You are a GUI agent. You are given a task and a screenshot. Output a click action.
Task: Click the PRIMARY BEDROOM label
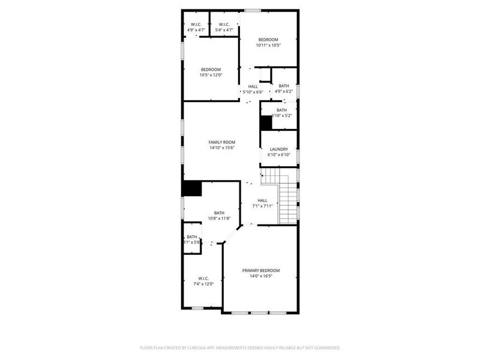(x=261, y=271)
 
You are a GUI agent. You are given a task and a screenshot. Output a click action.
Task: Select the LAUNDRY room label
(x=279, y=149)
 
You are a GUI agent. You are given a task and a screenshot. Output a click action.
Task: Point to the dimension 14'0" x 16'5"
(x=261, y=277)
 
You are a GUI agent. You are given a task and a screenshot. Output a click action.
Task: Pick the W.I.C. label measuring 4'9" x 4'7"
(x=196, y=24)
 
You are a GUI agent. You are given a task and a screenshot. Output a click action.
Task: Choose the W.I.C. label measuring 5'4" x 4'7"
(x=224, y=24)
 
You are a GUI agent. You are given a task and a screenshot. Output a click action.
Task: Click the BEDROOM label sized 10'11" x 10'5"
(x=268, y=40)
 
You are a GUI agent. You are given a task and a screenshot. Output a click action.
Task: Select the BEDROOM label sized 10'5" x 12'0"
(x=211, y=70)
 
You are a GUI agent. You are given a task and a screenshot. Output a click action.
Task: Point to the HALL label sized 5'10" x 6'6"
(x=253, y=86)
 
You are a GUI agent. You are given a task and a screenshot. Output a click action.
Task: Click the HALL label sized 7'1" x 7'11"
(x=263, y=200)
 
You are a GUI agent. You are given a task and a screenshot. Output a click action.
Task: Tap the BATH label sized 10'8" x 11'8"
(x=220, y=213)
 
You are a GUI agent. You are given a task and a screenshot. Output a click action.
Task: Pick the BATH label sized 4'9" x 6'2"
(x=284, y=86)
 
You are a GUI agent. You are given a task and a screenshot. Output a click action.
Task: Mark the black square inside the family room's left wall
(x=192, y=188)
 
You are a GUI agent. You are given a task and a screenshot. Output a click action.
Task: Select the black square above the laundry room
(x=266, y=122)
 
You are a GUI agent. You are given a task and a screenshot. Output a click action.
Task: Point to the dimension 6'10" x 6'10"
(x=279, y=155)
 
